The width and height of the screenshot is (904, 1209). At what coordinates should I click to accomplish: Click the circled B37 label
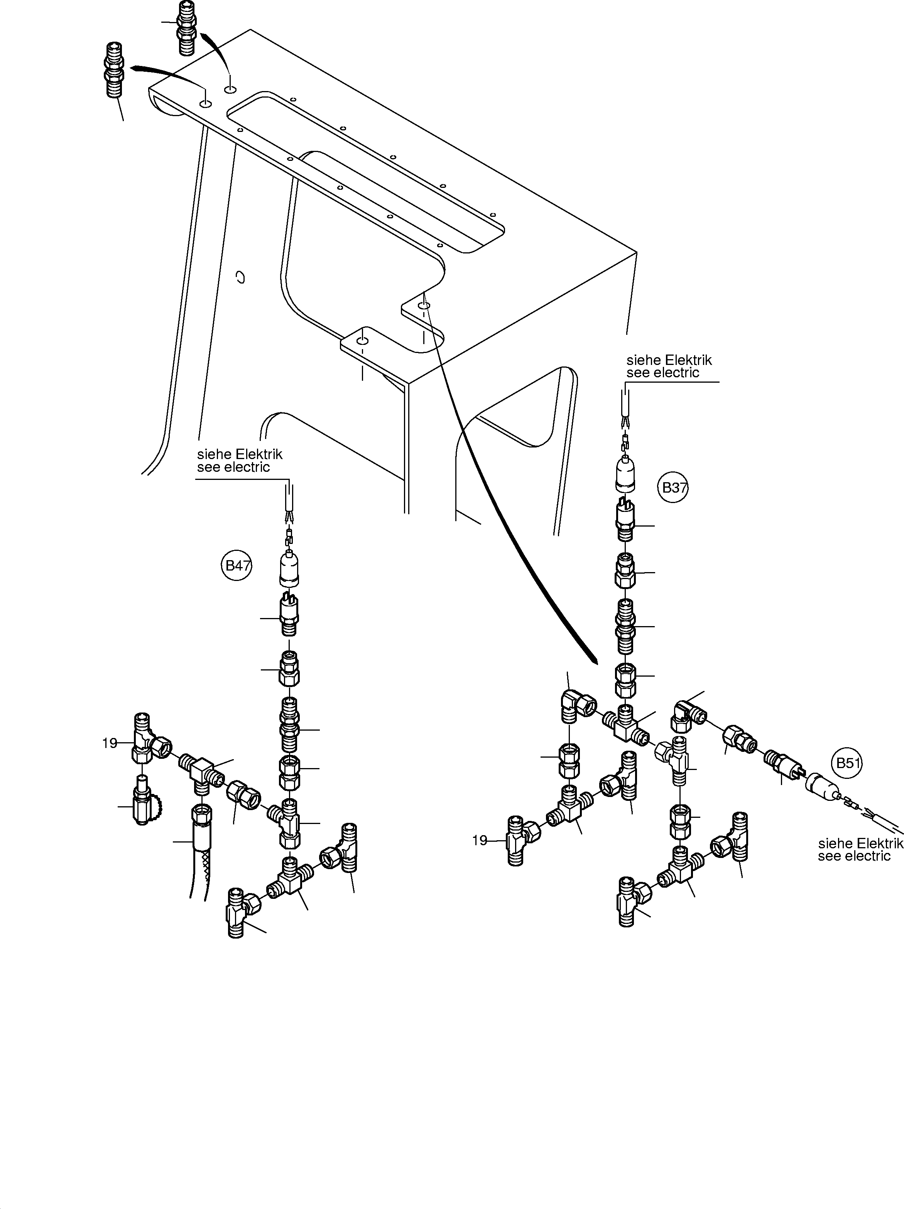pyautogui.click(x=673, y=488)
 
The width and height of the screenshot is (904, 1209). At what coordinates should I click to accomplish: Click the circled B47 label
pyautogui.click(x=237, y=566)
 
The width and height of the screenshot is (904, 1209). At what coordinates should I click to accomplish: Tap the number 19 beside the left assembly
pyautogui.click(x=109, y=743)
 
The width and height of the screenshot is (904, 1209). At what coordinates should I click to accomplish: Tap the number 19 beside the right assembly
pyautogui.click(x=479, y=841)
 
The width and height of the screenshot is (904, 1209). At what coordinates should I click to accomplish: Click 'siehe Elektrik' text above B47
pyautogui.click(x=239, y=454)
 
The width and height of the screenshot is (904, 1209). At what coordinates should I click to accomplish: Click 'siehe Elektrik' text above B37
pyautogui.click(x=669, y=360)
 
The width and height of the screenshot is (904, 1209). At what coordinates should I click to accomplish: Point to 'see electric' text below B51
pyautogui.click(x=854, y=856)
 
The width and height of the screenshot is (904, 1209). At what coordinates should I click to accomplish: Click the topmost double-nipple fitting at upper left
pyautogui.click(x=186, y=27)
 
